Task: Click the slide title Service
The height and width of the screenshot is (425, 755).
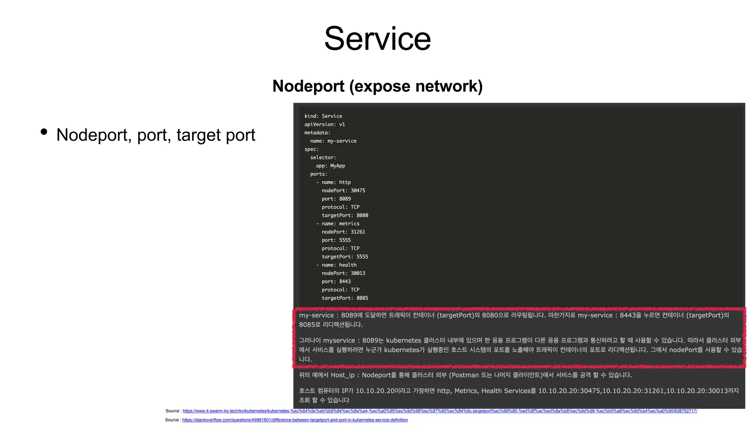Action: (x=377, y=39)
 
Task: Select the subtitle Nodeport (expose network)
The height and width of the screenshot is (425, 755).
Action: (x=377, y=86)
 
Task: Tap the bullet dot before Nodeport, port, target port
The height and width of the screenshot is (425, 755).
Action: (x=44, y=132)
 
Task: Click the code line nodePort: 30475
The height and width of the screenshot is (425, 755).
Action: (x=343, y=190)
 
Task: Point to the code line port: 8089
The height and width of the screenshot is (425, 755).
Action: (x=336, y=199)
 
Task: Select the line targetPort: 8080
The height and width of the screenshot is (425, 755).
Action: (x=345, y=215)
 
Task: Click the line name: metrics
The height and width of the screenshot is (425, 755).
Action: (x=340, y=224)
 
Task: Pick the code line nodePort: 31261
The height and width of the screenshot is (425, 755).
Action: (x=343, y=232)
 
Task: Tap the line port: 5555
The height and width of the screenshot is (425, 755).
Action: (x=336, y=240)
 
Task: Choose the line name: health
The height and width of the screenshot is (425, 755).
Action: (x=339, y=265)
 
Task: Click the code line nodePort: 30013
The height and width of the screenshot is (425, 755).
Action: (x=343, y=273)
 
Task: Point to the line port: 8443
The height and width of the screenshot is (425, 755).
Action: (x=336, y=281)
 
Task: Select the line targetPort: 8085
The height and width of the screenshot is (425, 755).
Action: (x=345, y=298)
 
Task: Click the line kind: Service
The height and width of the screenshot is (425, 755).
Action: (x=323, y=116)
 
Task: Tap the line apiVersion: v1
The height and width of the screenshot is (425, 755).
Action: (x=324, y=124)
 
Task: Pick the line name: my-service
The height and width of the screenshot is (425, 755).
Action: (x=333, y=141)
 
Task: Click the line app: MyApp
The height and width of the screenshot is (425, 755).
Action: (x=330, y=166)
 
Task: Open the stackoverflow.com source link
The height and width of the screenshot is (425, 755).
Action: (x=295, y=420)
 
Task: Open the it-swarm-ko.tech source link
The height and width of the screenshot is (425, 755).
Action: (x=440, y=411)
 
